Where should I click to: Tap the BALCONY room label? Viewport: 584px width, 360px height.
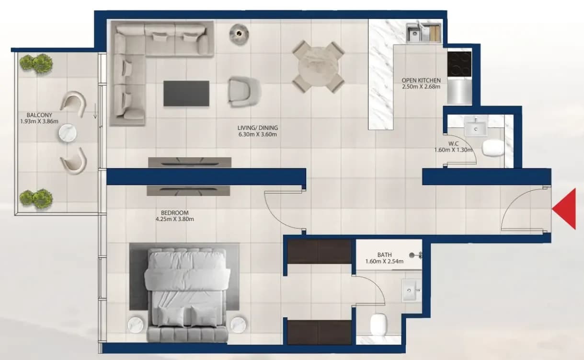[x=39, y=115]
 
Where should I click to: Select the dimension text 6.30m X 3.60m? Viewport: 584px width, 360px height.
[x=258, y=135]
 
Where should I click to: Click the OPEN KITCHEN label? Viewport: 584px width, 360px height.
[x=421, y=81]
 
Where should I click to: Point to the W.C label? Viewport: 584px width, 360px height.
[x=453, y=144]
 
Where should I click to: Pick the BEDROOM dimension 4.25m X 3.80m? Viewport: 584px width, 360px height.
[x=175, y=219]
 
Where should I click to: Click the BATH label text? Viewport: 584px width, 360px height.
[x=385, y=255]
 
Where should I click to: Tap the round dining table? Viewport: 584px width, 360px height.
[x=318, y=67]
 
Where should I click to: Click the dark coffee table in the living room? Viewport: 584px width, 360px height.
[x=186, y=93]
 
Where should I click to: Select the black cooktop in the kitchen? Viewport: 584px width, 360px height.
[x=459, y=64]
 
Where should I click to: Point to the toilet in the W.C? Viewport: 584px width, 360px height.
[x=492, y=149]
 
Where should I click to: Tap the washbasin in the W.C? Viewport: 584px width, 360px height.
[x=476, y=127]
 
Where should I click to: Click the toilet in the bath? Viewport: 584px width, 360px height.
[x=378, y=325]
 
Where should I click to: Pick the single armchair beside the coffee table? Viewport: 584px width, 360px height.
[x=244, y=92]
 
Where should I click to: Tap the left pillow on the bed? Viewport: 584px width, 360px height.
[x=171, y=316]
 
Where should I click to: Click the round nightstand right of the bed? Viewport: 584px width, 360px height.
[x=238, y=325]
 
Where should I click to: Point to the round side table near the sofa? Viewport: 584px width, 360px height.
[x=239, y=34]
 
